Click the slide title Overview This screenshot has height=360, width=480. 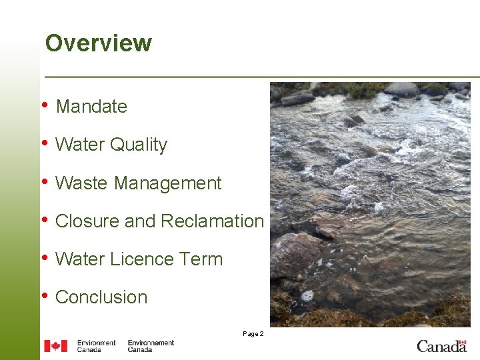[x=98, y=43]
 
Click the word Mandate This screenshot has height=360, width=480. [x=91, y=107]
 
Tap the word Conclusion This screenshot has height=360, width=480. [x=101, y=297]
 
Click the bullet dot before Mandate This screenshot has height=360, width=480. [x=45, y=105]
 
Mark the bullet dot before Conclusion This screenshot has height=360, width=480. [x=45, y=295]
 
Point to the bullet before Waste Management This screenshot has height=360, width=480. [x=45, y=181]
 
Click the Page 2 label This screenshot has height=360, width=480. [x=253, y=333]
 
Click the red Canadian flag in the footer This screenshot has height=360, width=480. [x=55, y=346]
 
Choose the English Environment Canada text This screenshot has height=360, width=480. [x=96, y=346]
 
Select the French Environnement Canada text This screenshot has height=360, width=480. [x=151, y=346]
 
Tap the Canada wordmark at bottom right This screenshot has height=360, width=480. [x=442, y=345]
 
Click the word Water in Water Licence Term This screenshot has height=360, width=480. [x=79, y=259]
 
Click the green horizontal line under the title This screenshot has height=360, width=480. [x=260, y=77]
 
